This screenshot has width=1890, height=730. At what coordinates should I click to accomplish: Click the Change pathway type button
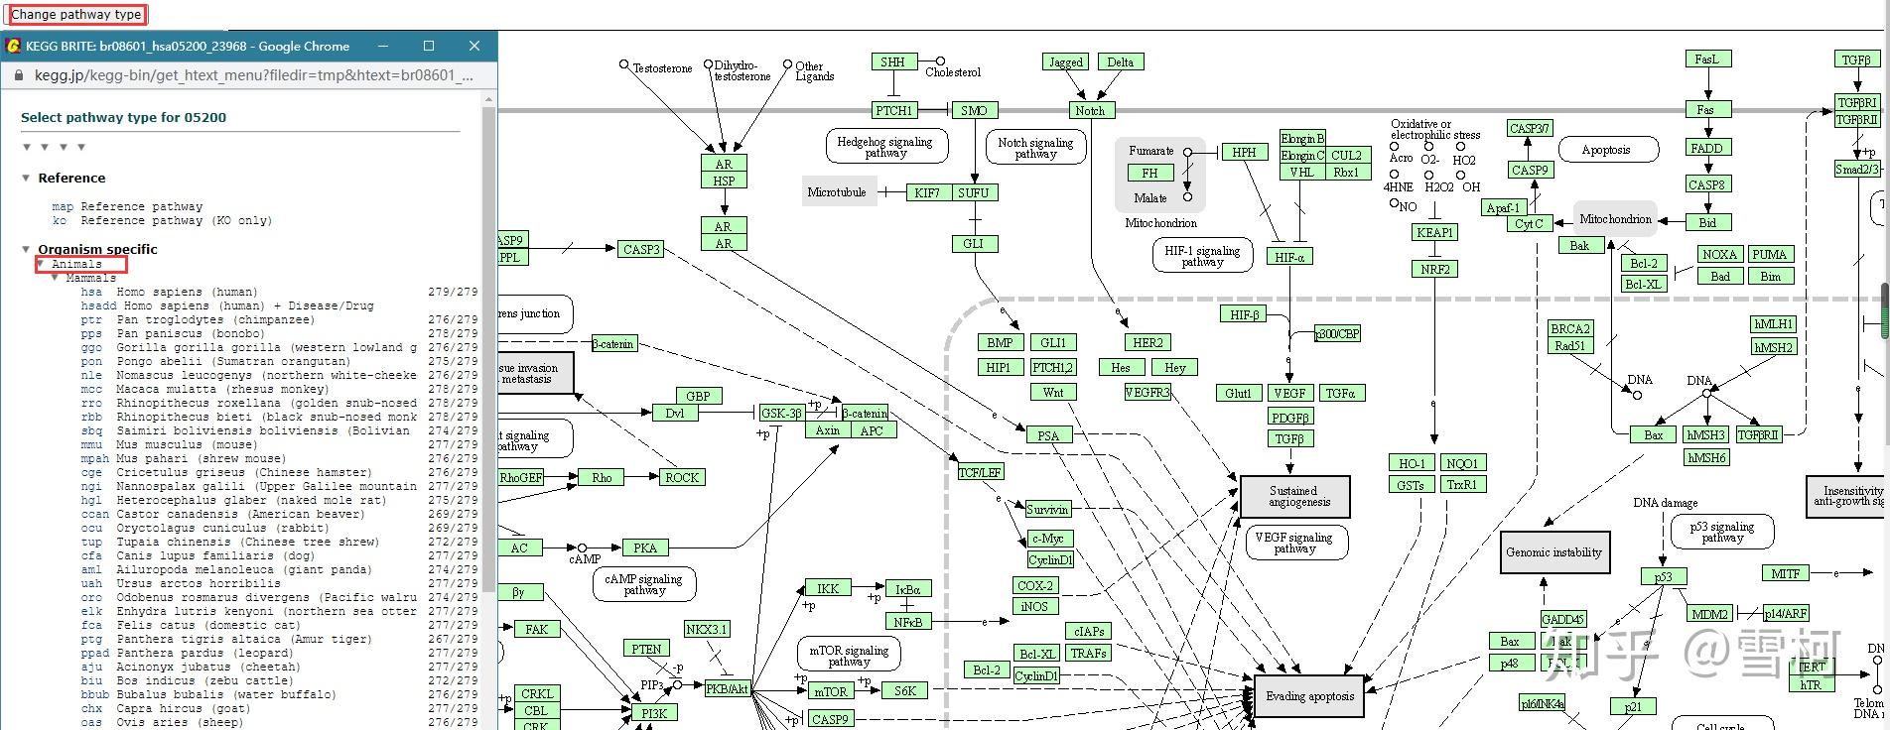(76, 15)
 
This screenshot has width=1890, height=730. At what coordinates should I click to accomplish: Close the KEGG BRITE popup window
(474, 46)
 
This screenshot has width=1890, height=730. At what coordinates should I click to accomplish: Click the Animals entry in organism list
(76, 264)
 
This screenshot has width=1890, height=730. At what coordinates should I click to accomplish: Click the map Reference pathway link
(63, 206)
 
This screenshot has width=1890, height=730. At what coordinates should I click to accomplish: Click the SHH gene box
(892, 61)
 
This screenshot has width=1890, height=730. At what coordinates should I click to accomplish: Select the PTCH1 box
(893, 110)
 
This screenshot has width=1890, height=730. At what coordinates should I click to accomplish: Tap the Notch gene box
(1090, 110)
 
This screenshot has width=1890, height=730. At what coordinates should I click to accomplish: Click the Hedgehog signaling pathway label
(885, 147)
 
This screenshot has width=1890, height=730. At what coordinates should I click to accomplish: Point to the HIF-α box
(1289, 257)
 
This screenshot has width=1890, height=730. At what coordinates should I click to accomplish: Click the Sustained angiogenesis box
(1294, 496)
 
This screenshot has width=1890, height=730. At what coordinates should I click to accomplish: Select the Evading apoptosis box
(1309, 696)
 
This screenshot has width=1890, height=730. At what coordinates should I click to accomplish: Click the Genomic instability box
(1553, 552)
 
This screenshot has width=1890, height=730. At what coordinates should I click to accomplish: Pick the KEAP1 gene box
(1434, 232)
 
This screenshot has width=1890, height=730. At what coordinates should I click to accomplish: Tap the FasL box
(1706, 60)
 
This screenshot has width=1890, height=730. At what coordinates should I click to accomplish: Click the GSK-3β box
(781, 413)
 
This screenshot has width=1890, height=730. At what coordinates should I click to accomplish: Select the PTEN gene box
(646, 649)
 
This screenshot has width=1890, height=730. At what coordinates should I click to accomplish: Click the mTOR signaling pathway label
(849, 656)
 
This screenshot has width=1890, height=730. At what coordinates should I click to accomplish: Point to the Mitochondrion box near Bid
(1615, 219)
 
